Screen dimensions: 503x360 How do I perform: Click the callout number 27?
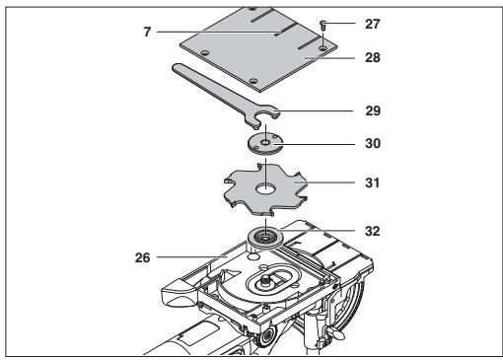pos(373,24)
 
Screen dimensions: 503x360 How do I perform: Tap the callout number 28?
pos(373,57)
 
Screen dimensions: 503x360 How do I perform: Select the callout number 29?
pos(373,110)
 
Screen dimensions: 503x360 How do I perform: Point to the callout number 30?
pos(373,143)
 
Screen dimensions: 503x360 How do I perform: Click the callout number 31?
pos(372,182)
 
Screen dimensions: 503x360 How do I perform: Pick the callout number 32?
pos(373,231)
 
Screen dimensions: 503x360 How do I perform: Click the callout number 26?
pos(143,257)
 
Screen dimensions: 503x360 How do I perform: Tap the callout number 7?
pos(147,32)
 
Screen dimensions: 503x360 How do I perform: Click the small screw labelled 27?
pos(323,25)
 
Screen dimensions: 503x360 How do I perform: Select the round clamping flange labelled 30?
pos(265,144)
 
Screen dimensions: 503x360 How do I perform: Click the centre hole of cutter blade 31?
pos(266,188)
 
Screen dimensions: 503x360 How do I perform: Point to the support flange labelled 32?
pos(265,238)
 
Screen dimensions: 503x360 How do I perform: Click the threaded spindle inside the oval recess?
pos(264,282)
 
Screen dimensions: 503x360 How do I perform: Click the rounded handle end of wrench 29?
pos(178,68)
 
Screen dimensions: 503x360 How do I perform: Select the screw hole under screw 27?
pos(323,48)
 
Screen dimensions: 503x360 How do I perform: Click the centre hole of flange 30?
pos(265,142)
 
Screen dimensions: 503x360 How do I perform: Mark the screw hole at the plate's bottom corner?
pos(252,81)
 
